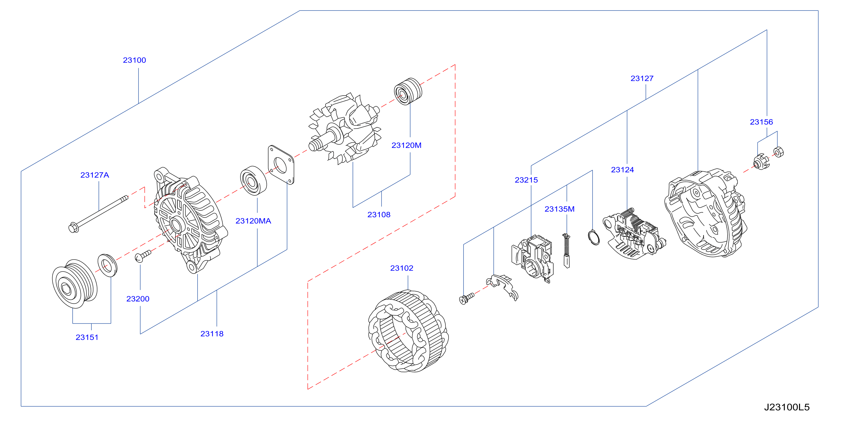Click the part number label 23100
click(x=134, y=60)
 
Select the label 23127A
click(x=95, y=175)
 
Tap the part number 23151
click(x=87, y=337)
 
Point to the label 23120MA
click(x=253, y=221)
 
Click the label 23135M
click(x=560, y=209)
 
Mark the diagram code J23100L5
click(x=787, y=407)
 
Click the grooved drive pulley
click(x=75, y=283)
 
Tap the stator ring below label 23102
click(x=408, y=331)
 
